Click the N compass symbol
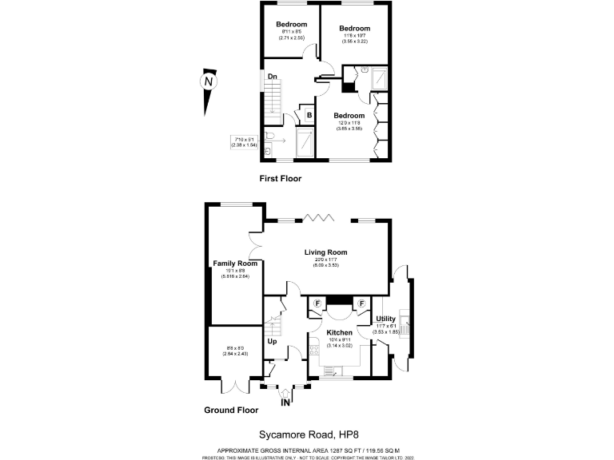pyautogui.click(x=208, y=82)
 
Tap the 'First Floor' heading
pyautogui.click(x=281, y=179)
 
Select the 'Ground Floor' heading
pyautogui.click(x=230, y=410)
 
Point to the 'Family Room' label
pyautogui.click(x=234, y=264)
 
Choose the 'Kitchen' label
pyautogui.click(x=339, y=332)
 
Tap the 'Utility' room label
pyautogui.click(x=385, y=319)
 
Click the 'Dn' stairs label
pyautogui.click(x=272, y=77)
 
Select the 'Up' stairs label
pyautogui.click(x=272, y=342)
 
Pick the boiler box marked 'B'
pyautogui.click(x=309, y=115)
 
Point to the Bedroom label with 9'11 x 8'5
pyautogui.click(x=292, y=25)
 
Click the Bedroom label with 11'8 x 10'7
pyautogui.click(x=354, y=28)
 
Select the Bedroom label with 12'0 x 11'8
pyautogui.click(x=349, y=115)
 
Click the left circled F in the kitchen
pyautogui.click(x=317, y=303)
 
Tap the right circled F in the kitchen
pyautogui.click(x=361, y=303)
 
